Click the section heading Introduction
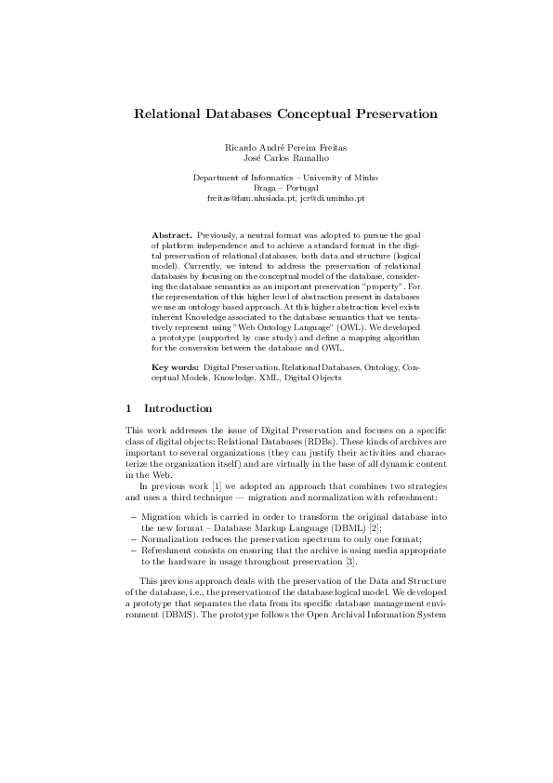[178, 408]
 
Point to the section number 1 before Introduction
[128, 408]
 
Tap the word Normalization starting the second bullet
[168, 538]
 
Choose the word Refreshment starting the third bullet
[166, 550]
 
